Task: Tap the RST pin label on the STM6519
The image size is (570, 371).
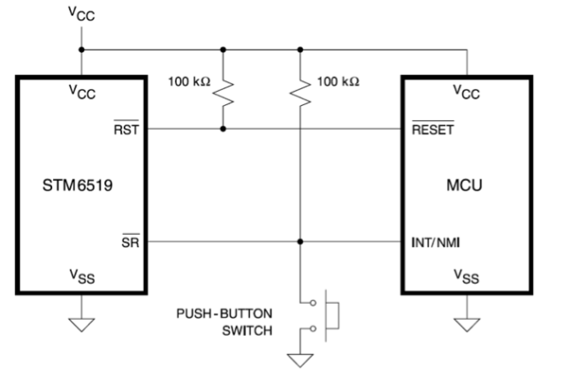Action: point(133,129)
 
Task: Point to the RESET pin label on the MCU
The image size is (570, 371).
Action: point(433,129)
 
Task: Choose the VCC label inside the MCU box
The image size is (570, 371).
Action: point(467,91)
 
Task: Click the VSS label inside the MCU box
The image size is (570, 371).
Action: point(467,277)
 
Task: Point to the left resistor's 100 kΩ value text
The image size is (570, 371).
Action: point(188,81)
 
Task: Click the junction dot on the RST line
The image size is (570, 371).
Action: point(223,129)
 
